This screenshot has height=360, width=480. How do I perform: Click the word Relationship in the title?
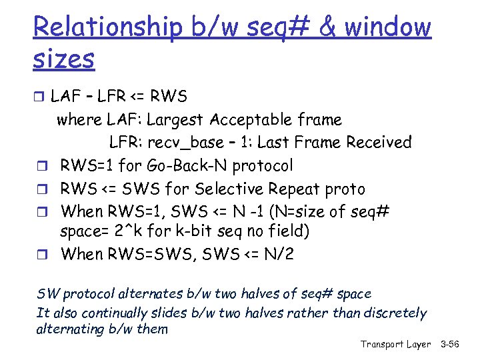pos(107,28)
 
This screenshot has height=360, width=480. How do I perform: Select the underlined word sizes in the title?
pos(63,59)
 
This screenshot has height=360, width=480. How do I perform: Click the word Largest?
pos(175,120)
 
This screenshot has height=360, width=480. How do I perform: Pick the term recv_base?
pos(184,143)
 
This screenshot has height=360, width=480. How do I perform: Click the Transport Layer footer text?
pos(395,344)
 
